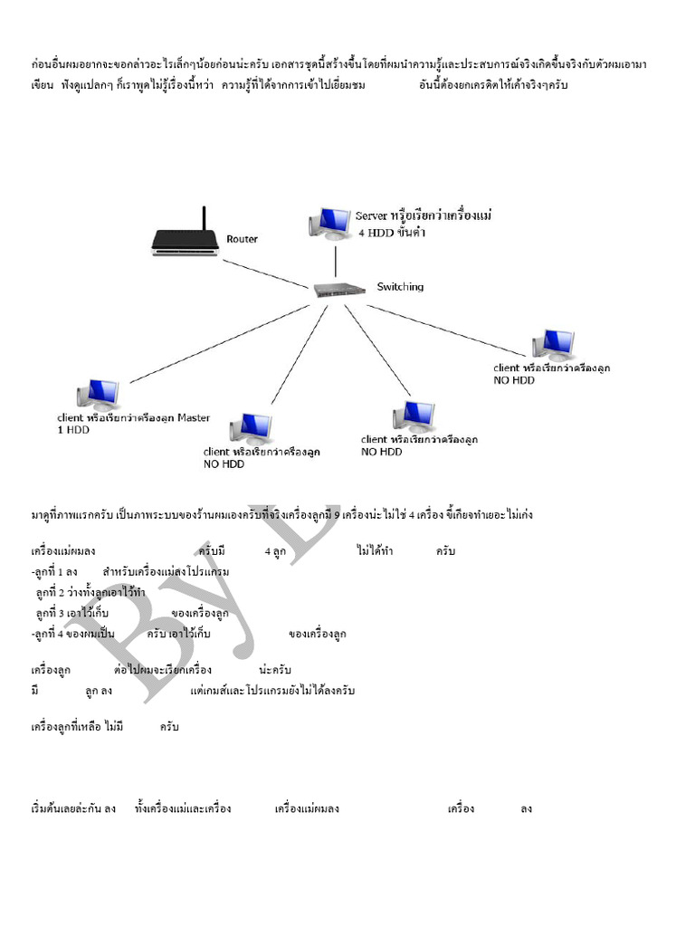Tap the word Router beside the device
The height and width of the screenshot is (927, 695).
[x=242, y=239]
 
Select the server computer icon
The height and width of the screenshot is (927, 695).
[x=329, y=224]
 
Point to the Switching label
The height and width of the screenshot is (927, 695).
[x=400, y=287]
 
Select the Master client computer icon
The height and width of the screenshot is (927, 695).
[x=97, y=393]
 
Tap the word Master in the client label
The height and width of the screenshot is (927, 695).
[x=193, y=418]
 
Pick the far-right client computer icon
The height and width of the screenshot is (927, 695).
[x=552, y=344]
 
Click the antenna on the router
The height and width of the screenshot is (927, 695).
[x=204, y=218]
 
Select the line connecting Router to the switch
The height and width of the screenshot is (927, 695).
[x=267, y=274]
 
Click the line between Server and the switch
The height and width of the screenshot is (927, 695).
[x=337, y=261]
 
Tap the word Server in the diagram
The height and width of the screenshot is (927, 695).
[x=371, y=215]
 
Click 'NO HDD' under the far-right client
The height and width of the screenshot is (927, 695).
[x=514, y=380]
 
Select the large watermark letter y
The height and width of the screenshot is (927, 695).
[x=213, y=588]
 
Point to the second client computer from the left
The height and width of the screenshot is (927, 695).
[x=251, y=427]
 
